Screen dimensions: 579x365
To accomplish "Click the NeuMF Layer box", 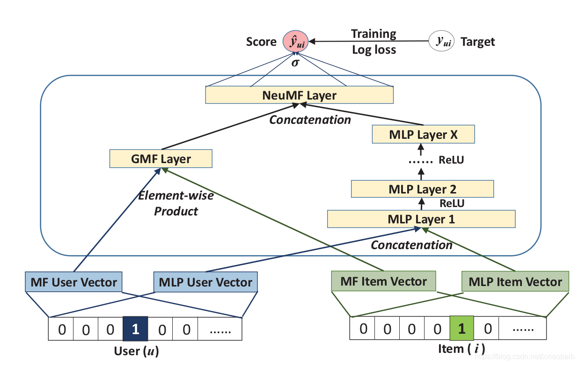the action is (x=299, y=95).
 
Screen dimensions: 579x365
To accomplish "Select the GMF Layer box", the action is (x=161, y=158).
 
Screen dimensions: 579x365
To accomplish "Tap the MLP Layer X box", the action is (x=424, y=134).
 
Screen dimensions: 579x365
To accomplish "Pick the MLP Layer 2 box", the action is (x=422, y=189).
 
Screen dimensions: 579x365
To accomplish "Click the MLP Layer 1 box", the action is (x=421, y=219).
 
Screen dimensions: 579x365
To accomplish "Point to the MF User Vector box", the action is (x=73, y=282).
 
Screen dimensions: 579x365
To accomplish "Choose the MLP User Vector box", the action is (x=205, y=282).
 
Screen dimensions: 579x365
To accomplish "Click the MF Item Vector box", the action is (x=384, y=281).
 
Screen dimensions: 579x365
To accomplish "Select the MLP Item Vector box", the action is (x=515, y=281).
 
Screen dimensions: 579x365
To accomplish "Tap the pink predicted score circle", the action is (x=295, y=41).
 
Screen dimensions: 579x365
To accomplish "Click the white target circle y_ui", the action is (x=441, y=41).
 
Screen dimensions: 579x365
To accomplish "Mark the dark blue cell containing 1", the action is (x=135, y=329).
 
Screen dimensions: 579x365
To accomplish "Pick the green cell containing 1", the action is (x=462, y=328).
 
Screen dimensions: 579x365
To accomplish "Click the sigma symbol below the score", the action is (x=295, y=63).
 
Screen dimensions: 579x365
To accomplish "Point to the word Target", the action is (x=478, y=42).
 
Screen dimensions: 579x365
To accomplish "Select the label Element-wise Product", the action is (x=176, y=203).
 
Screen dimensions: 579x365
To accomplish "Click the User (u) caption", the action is (x=137, y=351).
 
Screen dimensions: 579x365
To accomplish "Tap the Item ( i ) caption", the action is (x=462, y=349).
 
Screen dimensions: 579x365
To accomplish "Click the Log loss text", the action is (x=374, y=50).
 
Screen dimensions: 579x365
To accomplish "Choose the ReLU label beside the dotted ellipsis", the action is (x=451, y=160).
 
